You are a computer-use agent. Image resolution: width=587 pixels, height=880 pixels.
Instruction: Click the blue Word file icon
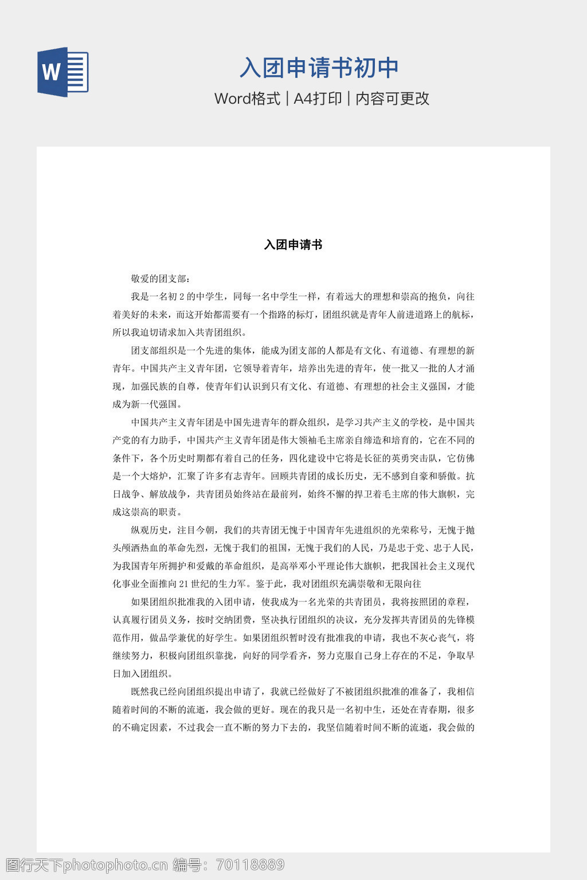coord(63,72)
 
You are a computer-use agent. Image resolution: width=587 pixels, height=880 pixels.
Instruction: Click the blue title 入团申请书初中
coord(319,68)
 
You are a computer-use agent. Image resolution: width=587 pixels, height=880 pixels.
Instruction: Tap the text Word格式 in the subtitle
coord(247,99)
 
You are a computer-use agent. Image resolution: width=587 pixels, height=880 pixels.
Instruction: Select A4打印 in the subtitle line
coord(318,99)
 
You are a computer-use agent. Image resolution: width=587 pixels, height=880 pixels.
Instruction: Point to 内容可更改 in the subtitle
coord(392,99)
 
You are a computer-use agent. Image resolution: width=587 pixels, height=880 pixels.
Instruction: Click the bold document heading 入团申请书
coord(293,245)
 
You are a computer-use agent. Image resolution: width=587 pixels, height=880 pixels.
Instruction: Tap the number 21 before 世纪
coord(184,584)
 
